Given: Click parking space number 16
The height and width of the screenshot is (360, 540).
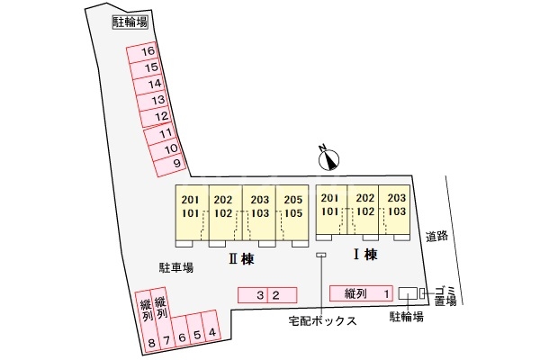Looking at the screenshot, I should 149,51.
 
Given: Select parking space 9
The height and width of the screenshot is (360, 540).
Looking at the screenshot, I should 177,163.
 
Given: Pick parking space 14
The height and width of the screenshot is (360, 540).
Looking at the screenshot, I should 155,84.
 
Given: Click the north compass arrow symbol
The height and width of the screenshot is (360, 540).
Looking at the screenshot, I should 330,159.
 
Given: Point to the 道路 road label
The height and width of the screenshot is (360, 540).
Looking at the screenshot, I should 436,236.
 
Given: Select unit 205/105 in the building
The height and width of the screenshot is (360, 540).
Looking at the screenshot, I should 291,206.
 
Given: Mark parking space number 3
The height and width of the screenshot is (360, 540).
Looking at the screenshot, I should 260,294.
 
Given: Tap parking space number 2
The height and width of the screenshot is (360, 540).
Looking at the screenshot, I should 277,294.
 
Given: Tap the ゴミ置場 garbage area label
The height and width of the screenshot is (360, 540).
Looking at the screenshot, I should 445,292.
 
